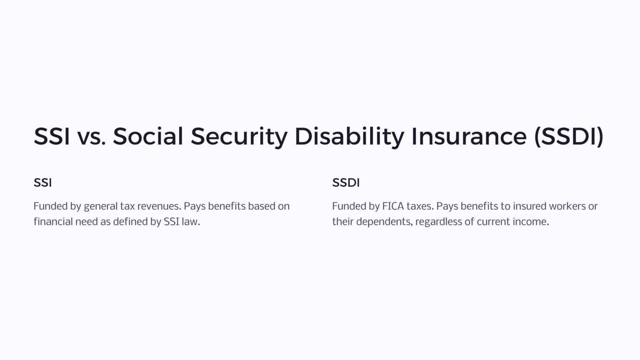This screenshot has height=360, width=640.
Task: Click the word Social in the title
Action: (x=148, y=136)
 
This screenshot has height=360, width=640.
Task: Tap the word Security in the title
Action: (x=239, y=136)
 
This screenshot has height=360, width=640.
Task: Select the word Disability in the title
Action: (x=349, y=136)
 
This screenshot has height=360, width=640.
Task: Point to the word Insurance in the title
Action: (x=469, y=136)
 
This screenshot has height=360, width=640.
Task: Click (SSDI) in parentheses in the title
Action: (x=569, y=136)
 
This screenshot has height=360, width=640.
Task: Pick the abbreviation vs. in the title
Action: (x=91, y=136)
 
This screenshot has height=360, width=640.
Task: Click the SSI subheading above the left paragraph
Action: (x=42, y=182)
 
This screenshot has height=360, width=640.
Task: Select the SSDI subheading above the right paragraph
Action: (x=346, y=182)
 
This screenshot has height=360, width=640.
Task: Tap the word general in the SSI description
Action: (x=100, y=206)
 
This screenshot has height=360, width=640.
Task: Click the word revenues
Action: (x=159, y=206)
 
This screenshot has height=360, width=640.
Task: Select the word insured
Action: (x=529, y=206)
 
